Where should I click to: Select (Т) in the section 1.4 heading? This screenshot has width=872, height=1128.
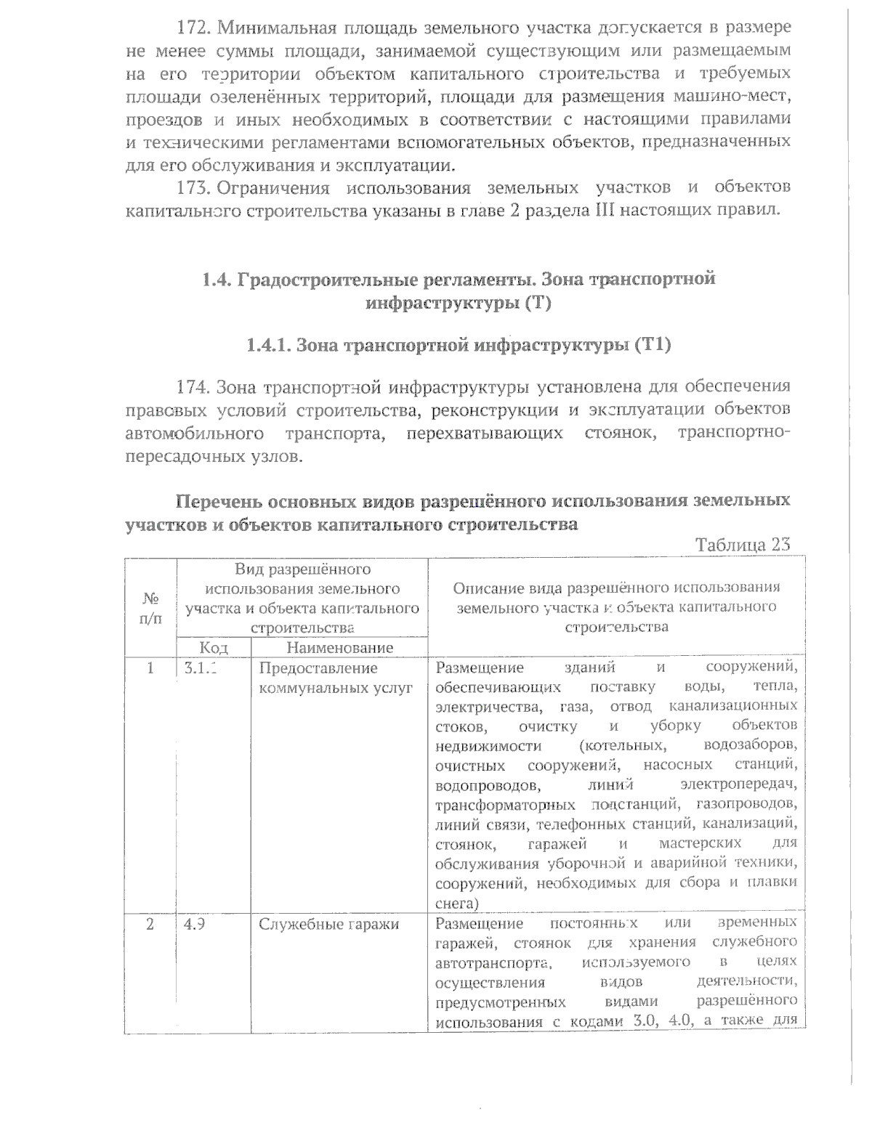pos(536,303)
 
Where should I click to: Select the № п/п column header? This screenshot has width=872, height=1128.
pos(150,608)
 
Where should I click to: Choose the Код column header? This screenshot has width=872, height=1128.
pos(214,647)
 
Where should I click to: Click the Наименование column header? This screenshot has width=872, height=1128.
pos(339,647)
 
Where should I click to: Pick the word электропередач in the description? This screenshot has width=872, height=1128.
pos(739,785)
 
